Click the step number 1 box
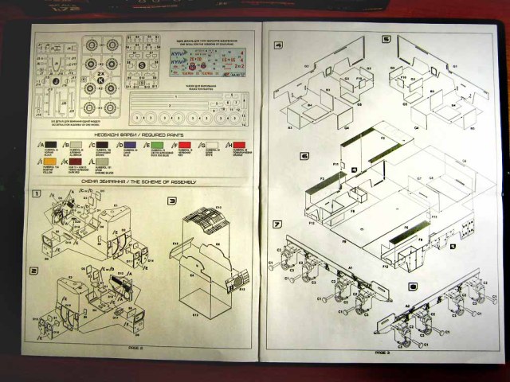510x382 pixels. pos(37,194)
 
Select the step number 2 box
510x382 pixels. pos(34,271)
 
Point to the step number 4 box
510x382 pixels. pos(278,45)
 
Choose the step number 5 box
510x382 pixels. pos(386,39)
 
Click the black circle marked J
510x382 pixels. pos(57,81)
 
